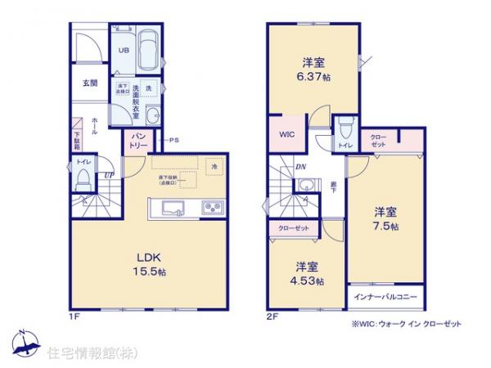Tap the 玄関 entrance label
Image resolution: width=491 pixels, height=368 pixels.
(89, 83)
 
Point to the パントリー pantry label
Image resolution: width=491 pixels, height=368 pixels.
(137, 141)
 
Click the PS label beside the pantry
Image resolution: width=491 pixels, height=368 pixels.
(173, 141)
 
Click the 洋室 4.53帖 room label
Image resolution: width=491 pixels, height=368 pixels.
(307, 273)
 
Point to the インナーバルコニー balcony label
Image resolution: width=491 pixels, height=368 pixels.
(385, 294)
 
